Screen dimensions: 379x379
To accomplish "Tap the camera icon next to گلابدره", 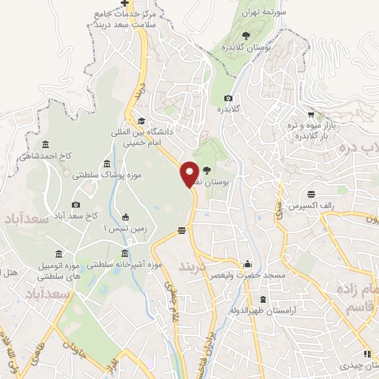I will point(228,98).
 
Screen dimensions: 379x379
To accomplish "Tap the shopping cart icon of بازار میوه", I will point(311,115).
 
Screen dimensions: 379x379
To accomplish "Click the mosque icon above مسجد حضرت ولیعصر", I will point(248,264).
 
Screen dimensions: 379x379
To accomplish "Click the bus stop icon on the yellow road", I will point(181,233).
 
